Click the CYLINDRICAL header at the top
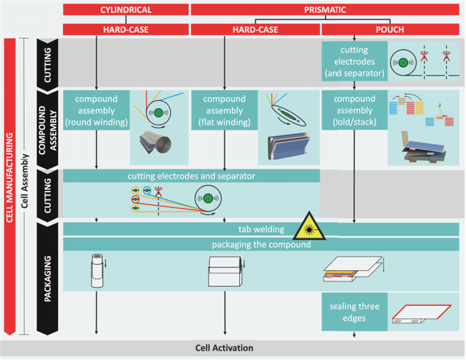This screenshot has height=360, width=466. [x=126, y=9]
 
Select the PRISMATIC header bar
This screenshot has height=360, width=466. [x=325, y=9]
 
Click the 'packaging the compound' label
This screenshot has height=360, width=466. [x=261, y=244]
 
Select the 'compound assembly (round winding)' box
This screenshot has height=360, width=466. [x=96, y=110]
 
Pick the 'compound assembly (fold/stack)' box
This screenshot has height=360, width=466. [x=355, y=110]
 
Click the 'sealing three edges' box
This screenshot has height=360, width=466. [x=355, y=312]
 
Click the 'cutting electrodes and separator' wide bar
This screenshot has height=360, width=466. [x=192, y=176]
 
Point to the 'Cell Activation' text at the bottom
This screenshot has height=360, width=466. [x=224, y=348]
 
